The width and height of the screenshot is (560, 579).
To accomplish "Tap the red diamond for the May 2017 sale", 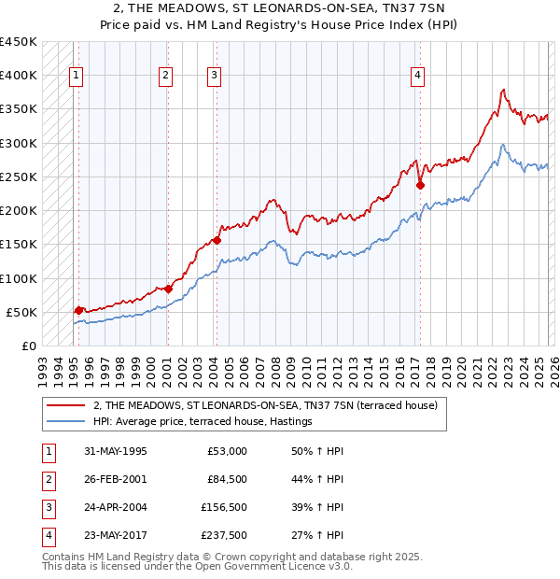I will point(420,185).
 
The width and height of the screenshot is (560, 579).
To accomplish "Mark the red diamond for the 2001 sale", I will point(169,289).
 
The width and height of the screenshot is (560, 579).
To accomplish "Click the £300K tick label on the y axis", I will point(18,143).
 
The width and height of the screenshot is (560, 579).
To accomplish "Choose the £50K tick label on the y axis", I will point(21,312).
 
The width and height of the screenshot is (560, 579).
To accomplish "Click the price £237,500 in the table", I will point(224,536).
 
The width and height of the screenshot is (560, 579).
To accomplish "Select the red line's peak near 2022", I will point(503,90).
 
